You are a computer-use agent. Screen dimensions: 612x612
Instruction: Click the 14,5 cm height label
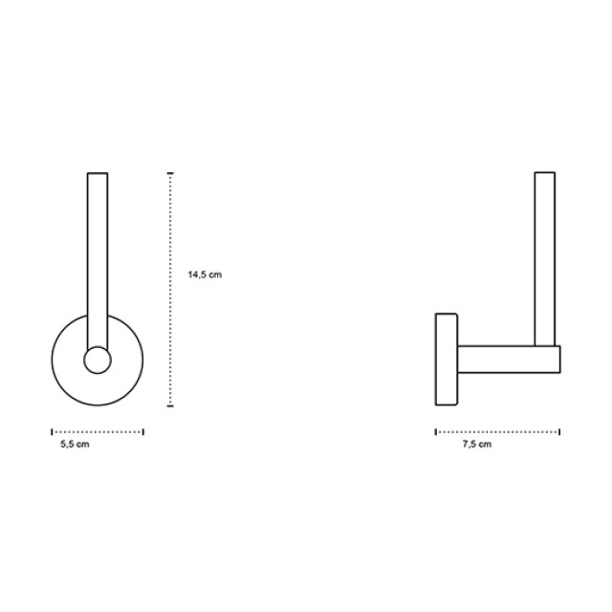[205, 274]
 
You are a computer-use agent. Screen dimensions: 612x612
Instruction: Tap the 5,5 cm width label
[75, 444]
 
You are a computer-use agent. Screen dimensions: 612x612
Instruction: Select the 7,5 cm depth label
[477, 444]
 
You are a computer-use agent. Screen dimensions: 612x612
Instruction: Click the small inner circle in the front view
[98, 360]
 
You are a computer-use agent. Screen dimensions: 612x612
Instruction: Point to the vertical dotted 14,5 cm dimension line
[170, 289]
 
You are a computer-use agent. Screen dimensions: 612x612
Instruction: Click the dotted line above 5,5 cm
[98, 431]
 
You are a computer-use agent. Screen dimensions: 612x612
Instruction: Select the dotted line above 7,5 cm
[497, 431]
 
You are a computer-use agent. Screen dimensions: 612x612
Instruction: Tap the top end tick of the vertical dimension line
[170, 172]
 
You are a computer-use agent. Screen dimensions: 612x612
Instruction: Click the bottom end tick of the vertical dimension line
[170, 405]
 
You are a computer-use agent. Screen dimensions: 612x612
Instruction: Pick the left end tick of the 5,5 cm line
[52, 431]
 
